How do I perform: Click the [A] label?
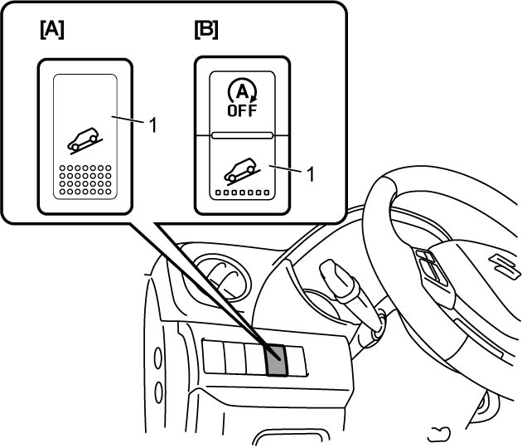coord(52,30)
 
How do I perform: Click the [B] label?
coord(206,30)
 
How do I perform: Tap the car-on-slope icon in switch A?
coord(85,140)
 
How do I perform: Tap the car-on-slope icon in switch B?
coord(242,171)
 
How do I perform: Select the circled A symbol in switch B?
coord(242,90)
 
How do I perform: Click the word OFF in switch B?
coord(242,110)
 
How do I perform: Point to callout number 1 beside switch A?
coord(152,125)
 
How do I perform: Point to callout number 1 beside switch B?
coord(310,174)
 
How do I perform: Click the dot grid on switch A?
coord(85,180)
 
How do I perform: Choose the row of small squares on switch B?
coord(242,192)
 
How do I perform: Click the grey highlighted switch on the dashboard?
coord(276,360)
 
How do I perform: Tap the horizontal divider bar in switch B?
coord(242,135)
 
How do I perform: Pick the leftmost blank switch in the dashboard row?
coord(214,357)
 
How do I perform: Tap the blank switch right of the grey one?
coord(297,362)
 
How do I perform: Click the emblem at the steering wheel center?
coord(505,265)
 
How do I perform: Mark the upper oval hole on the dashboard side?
coord(157,358)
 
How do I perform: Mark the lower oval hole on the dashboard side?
coord(159,392)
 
